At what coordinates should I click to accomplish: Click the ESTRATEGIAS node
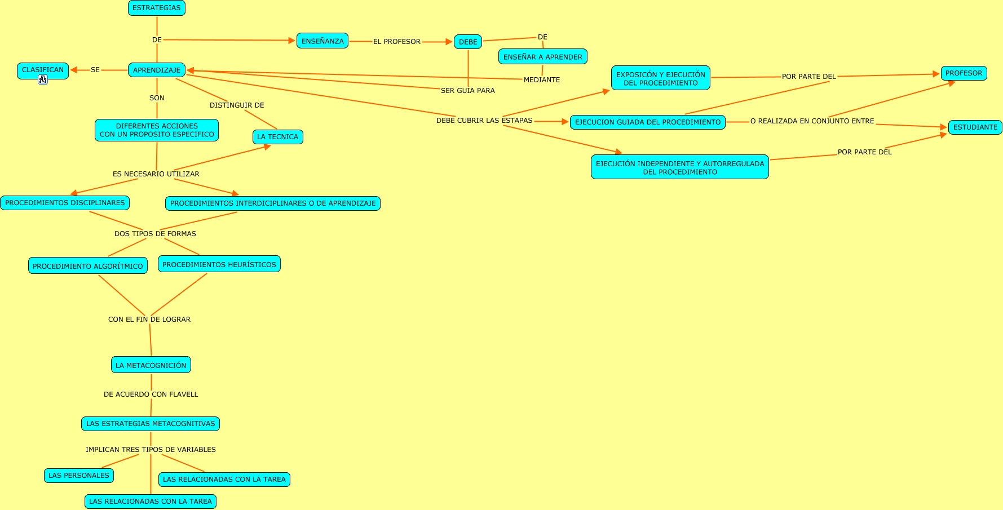coord(157,8)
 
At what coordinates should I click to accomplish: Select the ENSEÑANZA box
coord(322,41)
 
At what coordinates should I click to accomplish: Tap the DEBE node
coord(468,42)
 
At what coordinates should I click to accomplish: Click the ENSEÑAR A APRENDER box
coord(542,57)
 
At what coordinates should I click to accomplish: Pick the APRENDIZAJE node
coord(157,70)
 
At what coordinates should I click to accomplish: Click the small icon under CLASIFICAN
coord(43,79)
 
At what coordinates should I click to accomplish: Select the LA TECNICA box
coord(277,137)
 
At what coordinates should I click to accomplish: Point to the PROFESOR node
coord(964,73)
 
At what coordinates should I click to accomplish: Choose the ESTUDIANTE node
coord(975,127)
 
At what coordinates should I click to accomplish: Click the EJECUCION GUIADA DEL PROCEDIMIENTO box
coord(647,122)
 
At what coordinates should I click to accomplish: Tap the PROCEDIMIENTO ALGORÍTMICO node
coord(88,266)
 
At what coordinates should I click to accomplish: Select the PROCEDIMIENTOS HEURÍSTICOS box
coord(219,264)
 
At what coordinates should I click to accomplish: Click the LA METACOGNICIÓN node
coord(151,365)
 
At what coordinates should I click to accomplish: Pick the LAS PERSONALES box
coord(79,476)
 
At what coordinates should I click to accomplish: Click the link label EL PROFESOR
coord(397,42)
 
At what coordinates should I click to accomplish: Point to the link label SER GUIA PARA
coord(468,91)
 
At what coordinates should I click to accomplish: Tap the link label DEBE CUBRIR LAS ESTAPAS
coord(484,121)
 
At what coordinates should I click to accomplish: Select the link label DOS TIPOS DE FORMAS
coord(155,234)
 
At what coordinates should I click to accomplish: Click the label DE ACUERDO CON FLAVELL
coord(151,394)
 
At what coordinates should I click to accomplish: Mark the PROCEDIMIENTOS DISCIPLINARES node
coord(65,203)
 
